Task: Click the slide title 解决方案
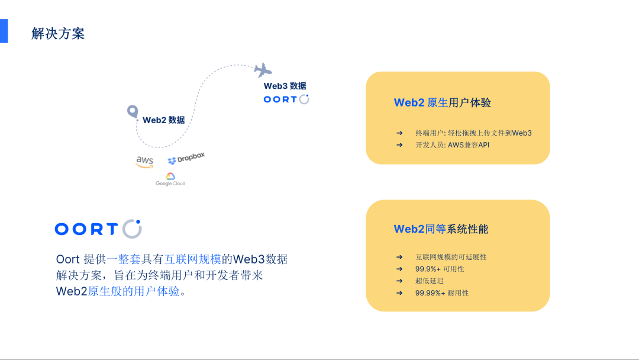(58, 33)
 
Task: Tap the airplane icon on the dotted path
(263, 70)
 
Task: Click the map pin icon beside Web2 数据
(133, 111)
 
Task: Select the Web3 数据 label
(285, 86)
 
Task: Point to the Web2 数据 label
(163, 120)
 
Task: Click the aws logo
(145, 162)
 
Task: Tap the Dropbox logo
(186, 158)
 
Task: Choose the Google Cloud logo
(170, 179)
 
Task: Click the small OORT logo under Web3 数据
(286, 99)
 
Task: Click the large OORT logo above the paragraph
(98, 229)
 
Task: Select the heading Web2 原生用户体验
(442, 103)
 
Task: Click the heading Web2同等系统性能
(441, 229)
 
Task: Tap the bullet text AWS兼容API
(469, 144)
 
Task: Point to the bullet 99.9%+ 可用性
(440, 269)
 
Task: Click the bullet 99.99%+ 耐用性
(442, 292)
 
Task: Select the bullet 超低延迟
(429, 281)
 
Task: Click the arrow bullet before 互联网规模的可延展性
(399, 257)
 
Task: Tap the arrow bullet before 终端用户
(399, 133)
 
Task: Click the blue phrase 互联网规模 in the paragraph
(192, 259)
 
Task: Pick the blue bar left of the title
(4, 31)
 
